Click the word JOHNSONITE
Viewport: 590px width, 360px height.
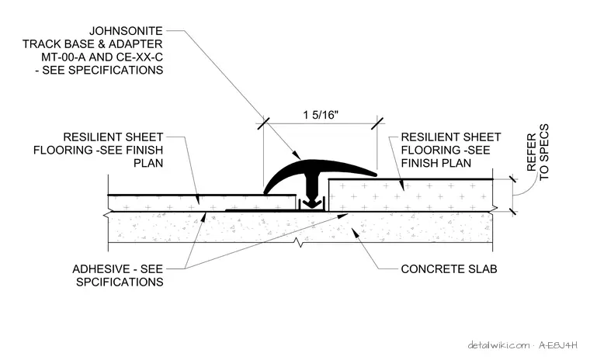click(126, 31)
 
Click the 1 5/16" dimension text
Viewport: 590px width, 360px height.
click(321, 115)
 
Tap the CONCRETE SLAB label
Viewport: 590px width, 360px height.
click(449, 269)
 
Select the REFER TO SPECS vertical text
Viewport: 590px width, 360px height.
click(538, 152)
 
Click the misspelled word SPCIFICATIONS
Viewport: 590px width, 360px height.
click(120, 282)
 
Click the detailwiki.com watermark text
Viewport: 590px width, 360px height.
click(498, 345)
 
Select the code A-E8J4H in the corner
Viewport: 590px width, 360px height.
click(557, 345)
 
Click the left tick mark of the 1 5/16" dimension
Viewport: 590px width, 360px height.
click(263, 123)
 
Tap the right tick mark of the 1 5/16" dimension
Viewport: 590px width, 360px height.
click(377, 123)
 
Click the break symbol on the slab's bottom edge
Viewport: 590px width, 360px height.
click(300, 242)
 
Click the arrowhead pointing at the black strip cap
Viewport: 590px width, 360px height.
click(297, 155)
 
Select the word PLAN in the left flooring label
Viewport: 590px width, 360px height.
click(148, 163)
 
